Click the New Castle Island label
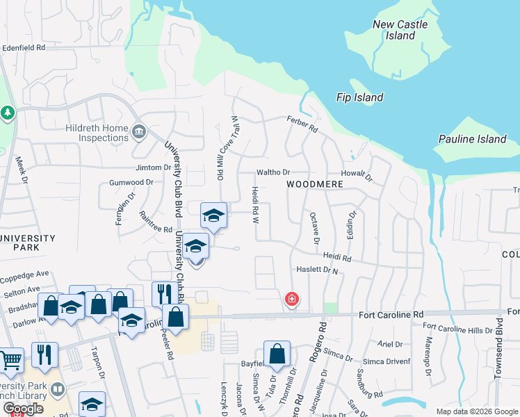[x=400, y=30]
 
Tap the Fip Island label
[x=359, y=97]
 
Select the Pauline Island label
[x=473, y=139]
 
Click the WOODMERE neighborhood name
[x=315, y=183]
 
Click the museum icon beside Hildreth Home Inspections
[x=138, y=130]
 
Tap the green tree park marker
[x=8, y=113]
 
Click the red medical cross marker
[x=292, y=300]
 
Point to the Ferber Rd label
[x=302, y=124]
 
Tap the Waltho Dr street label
[x=273, y=172]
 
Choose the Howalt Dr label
[x=357, y=175]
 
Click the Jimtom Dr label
[x=153, y=167]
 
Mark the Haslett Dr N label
[x=316, y=270]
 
